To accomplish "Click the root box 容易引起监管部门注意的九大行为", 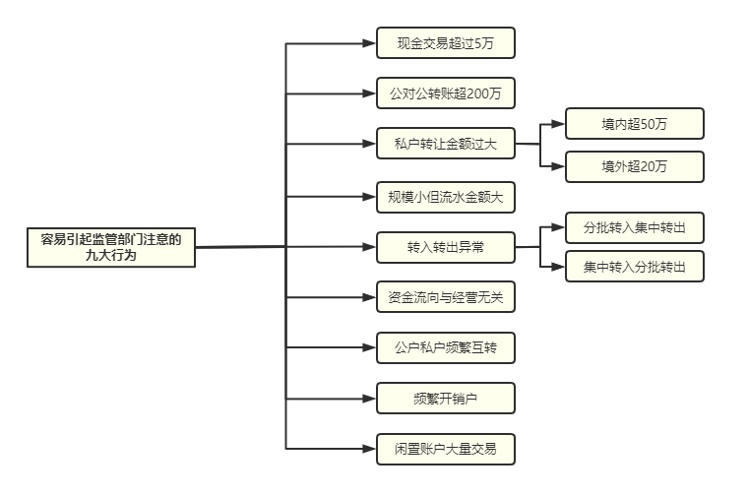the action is pos(111,248).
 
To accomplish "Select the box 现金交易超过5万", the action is pos(446,43).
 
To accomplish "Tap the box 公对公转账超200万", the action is pos(446,93).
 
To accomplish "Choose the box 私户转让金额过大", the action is pos(446,143).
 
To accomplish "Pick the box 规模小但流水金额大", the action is pos(446,197).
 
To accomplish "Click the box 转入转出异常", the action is pos(446,247).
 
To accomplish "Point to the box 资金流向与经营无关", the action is pos(446,297).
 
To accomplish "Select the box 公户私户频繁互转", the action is pos(446,347).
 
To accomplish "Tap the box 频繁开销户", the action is pos(446,399).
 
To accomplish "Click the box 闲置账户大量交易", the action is pos(446,449).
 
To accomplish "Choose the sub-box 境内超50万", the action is pos(635,124).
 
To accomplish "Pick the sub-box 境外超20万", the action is pos(635,166).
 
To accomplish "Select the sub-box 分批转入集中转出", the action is pos(635,227).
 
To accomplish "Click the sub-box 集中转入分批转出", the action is pos(635,266).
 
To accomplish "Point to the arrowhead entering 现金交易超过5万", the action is pos(369,43).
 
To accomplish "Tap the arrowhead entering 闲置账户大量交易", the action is pos(369,449).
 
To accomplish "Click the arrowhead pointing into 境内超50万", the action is pos(558,124).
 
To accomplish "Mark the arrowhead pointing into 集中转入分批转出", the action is pos(558,267).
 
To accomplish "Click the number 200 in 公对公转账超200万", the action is pos(477,93).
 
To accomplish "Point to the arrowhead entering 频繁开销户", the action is pos(369,399).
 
